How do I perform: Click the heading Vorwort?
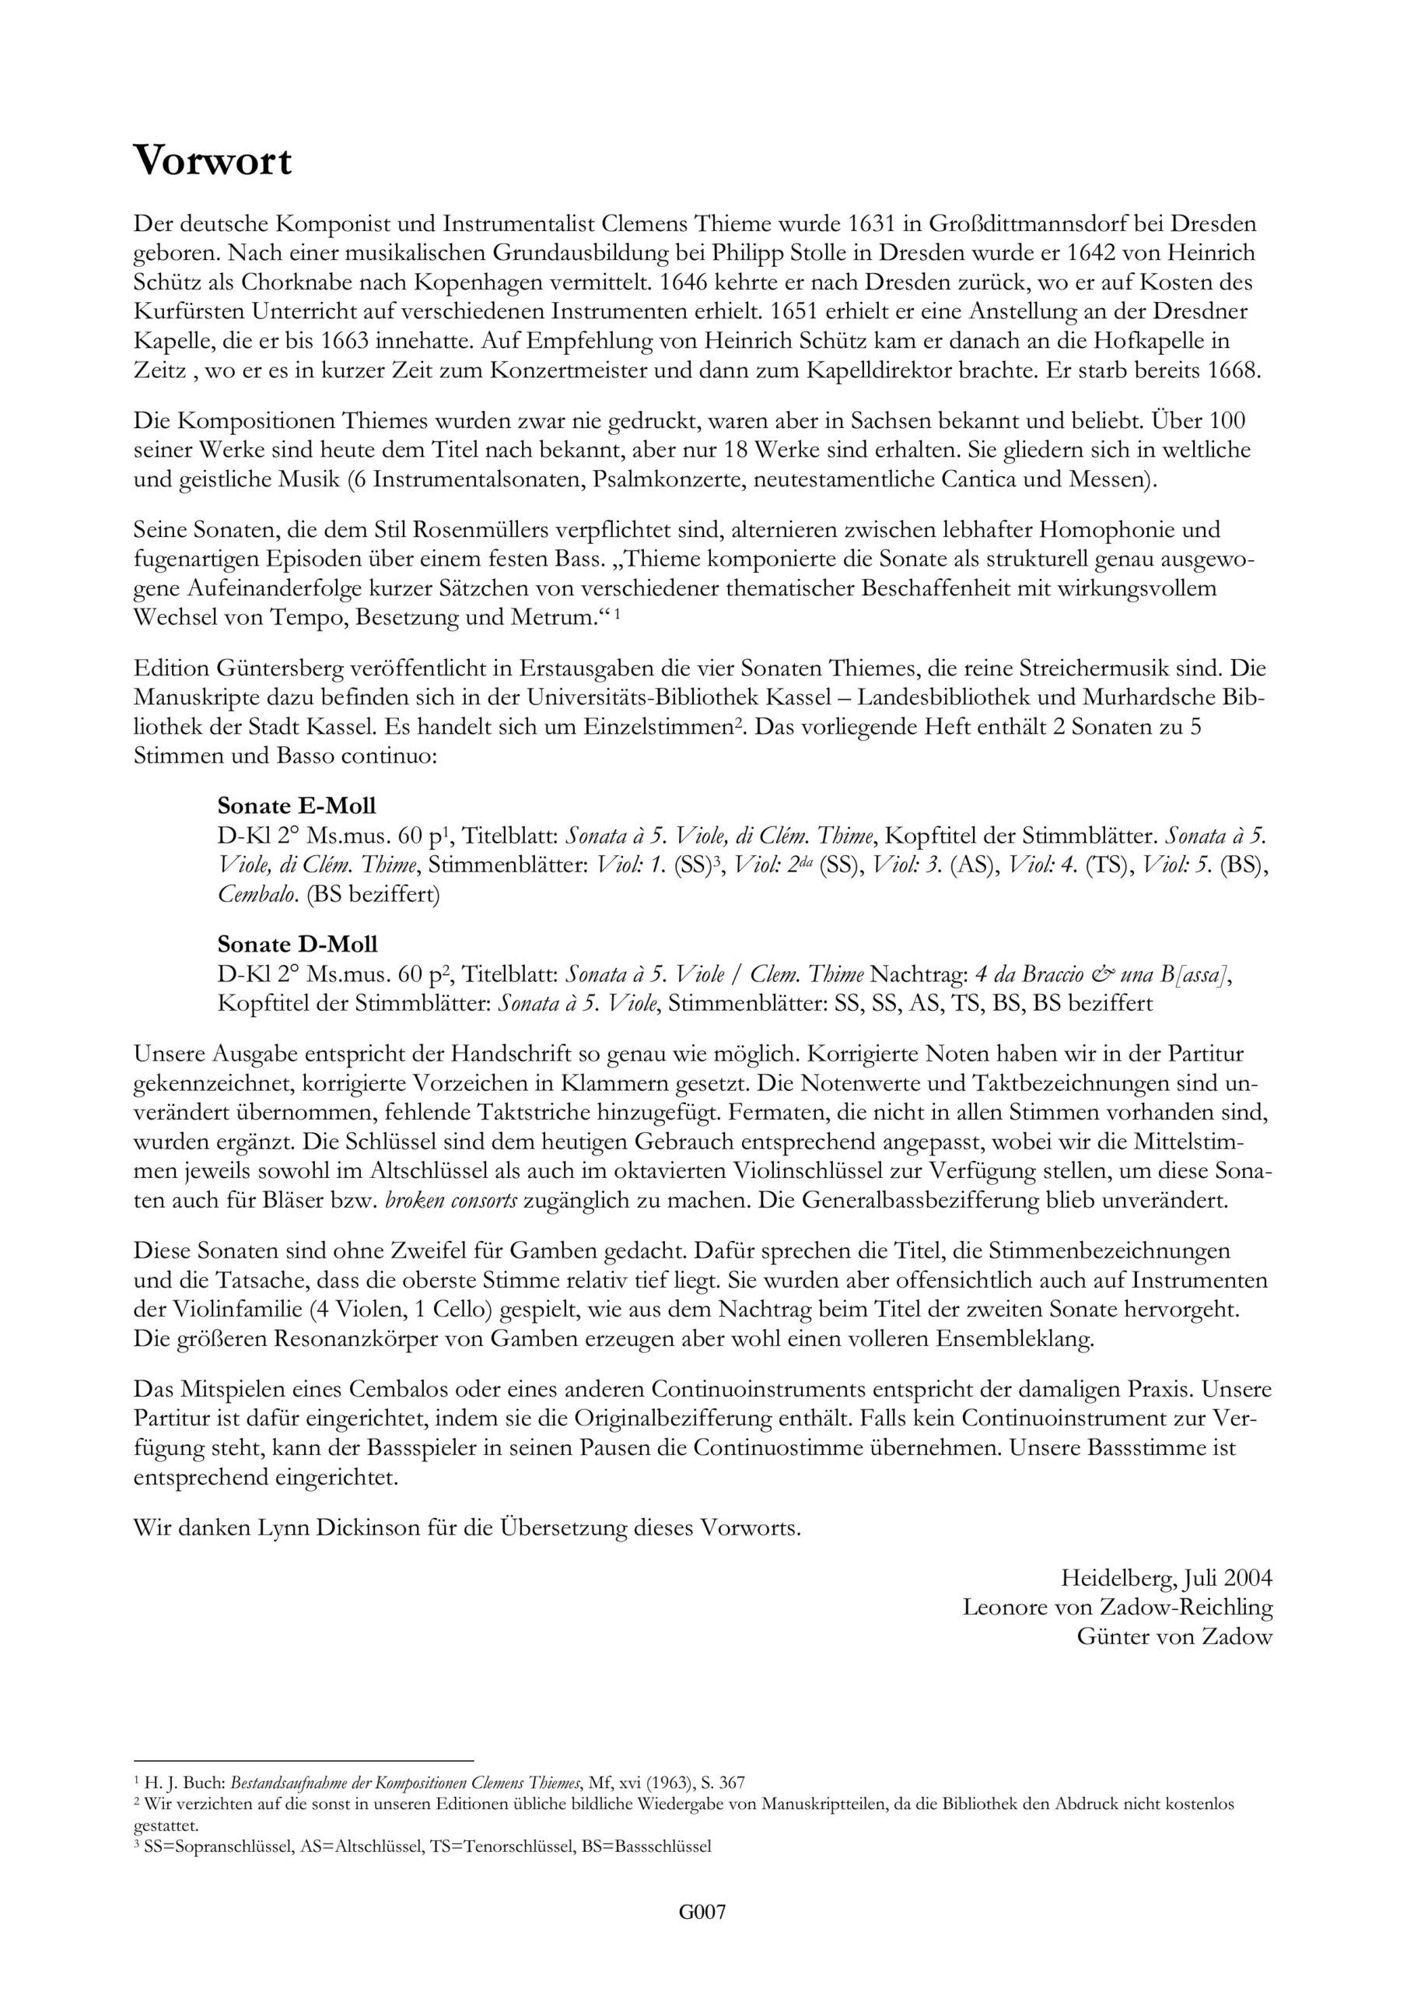click(x=212, y=161)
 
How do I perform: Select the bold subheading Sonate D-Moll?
click(x=298, y=944)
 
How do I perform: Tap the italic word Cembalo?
click(x=258, y=895)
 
